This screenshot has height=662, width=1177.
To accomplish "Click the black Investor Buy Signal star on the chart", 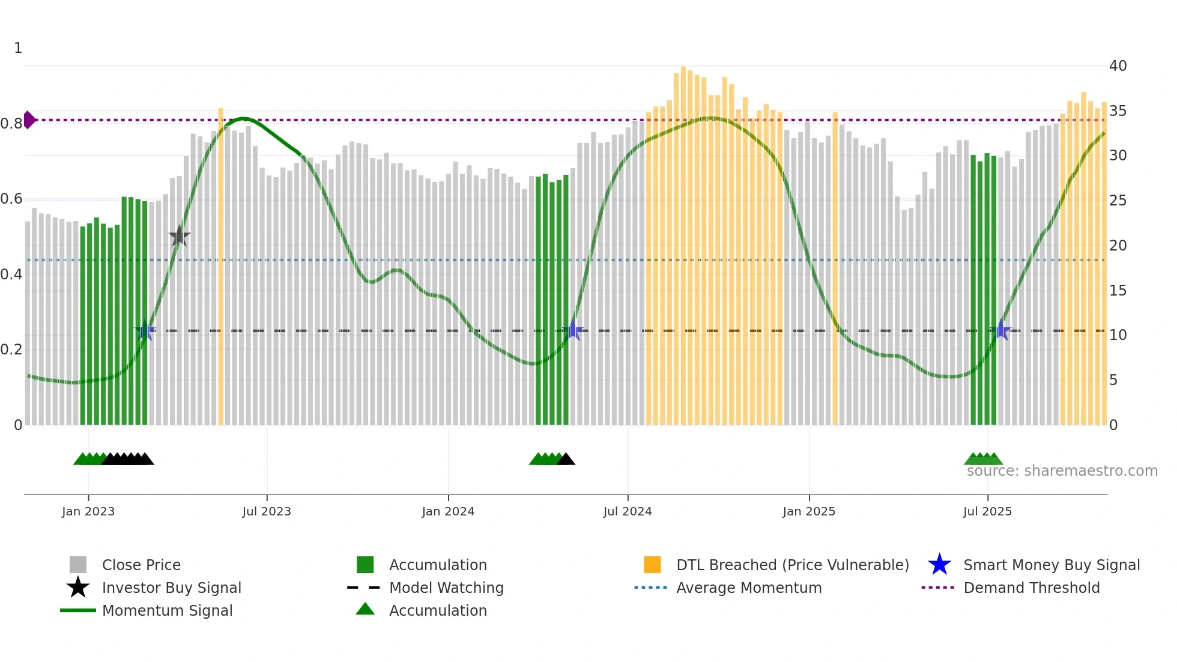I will point(179,236).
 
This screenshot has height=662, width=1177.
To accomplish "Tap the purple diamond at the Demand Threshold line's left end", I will point(29,120).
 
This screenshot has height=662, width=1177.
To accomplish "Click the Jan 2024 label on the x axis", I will point(448,511).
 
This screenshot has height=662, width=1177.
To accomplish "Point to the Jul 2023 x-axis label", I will point(267,511).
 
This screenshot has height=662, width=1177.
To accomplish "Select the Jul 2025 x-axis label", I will point(987,511).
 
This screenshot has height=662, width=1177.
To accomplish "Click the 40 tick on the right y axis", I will point(1118,66).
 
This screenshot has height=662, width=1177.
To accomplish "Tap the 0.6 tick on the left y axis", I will point(11,199).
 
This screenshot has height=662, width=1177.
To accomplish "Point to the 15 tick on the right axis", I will point(1118,290).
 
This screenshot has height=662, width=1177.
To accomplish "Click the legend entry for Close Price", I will point(141,565).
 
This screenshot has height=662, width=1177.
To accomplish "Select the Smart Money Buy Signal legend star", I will point(939,565).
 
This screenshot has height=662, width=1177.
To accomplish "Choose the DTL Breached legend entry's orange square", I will point(652,565).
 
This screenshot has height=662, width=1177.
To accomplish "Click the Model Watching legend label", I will point(446,588).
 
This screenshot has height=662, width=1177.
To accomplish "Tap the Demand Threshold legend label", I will point(1031,588).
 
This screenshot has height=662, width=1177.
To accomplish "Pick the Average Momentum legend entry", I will point(748,588).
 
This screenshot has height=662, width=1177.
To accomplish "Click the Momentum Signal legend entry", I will point(167,610).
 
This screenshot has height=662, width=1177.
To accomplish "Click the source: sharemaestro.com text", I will point(1062,471).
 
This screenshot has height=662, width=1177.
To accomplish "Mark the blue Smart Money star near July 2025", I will point(1001,330).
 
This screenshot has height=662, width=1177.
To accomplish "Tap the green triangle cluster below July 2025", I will point(983,459).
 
